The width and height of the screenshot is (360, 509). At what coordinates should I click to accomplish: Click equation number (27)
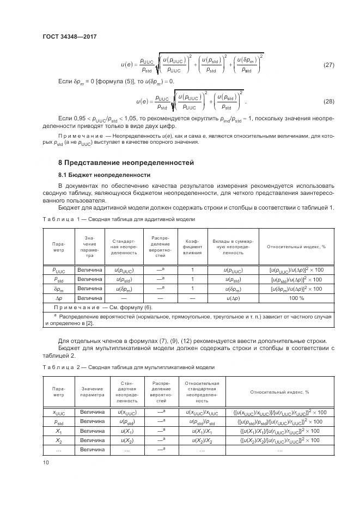(328, 65)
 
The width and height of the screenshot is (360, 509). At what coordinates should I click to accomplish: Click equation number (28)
(328, 102)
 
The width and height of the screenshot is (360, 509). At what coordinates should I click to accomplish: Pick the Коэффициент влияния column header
(192, 247)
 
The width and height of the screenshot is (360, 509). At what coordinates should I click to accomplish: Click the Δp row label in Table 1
(58, 298)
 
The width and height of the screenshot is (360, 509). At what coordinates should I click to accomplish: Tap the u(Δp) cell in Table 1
(234, 298)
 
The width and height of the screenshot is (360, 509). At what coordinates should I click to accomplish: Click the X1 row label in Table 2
(58, 431)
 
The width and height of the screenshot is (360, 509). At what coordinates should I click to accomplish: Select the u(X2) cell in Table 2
(126, 440)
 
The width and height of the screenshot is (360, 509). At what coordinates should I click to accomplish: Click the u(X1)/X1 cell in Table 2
(202, 431)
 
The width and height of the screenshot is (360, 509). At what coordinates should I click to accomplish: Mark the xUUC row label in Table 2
(58, 412)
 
